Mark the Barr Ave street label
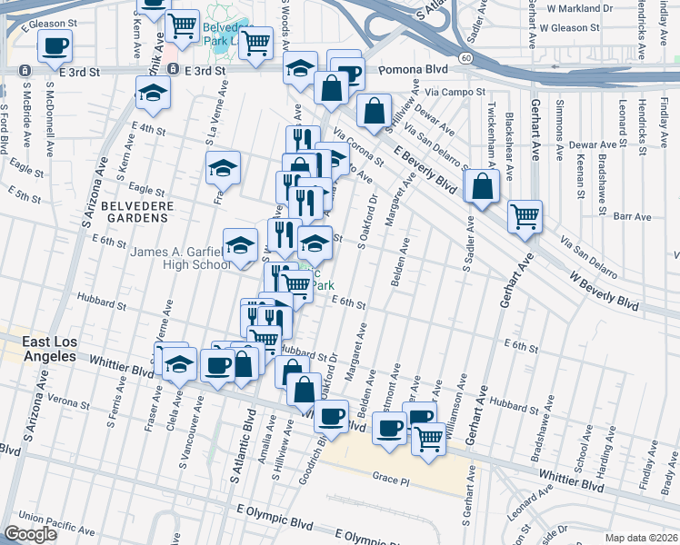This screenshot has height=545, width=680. coord(633,217)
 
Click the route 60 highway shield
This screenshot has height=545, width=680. coord(465,58)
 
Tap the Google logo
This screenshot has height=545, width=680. coord(31,534)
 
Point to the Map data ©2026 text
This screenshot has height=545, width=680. coord(642,538)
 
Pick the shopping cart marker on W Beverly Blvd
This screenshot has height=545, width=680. coord(525,216)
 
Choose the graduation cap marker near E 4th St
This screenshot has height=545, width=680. coord(153,92)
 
